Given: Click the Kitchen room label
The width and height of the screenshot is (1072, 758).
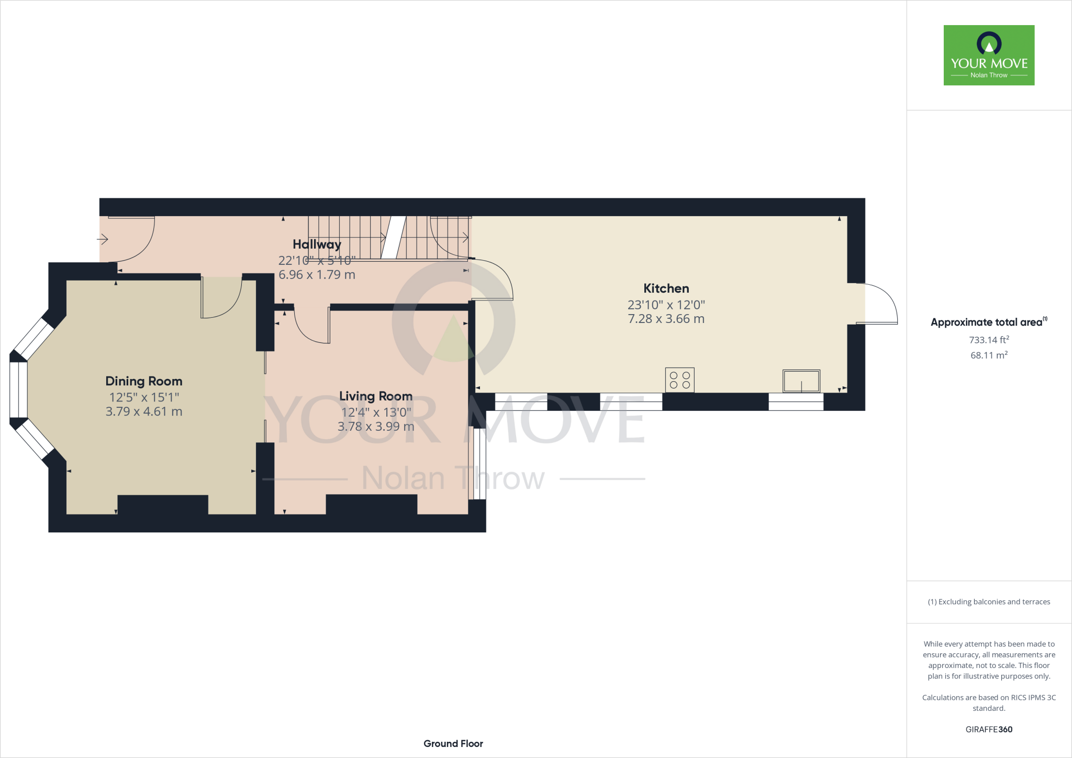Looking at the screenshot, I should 666,288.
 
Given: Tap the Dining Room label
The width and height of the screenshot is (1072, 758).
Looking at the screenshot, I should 143,381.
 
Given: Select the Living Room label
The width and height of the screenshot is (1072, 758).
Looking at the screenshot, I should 375,396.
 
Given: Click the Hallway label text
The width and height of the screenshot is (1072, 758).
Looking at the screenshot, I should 317,244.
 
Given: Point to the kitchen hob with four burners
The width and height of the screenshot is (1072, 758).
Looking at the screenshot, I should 679,380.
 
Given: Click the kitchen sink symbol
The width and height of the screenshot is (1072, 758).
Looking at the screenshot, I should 801,381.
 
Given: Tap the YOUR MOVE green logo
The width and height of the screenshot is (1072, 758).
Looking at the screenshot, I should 989,55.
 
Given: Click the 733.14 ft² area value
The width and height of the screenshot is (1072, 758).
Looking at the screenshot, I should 989,340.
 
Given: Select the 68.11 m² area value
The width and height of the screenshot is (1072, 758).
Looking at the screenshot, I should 989,355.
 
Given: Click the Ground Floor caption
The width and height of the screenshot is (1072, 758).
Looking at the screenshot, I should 453,743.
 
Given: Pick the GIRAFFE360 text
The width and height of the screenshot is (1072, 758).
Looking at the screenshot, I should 989,729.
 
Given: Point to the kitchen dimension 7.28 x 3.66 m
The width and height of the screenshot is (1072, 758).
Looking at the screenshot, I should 666,319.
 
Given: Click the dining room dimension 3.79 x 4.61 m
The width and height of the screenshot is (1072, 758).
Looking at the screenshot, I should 143,411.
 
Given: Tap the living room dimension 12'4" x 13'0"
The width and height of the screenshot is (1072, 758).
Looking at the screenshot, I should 376,412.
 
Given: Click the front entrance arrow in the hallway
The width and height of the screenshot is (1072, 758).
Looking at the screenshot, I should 103,239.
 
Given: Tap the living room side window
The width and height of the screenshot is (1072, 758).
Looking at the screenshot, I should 477,463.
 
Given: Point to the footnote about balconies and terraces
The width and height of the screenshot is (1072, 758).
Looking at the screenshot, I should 989,602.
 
